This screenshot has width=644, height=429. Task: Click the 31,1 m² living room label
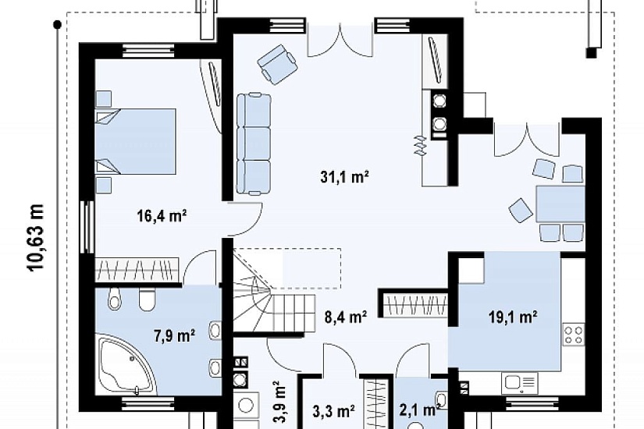(344, 177)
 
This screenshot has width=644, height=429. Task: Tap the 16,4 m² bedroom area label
(162, 215)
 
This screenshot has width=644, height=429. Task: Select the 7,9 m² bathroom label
(175, 336)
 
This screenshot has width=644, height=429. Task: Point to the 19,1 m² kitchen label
(513, 317)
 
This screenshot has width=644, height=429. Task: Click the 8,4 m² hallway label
(346, 317)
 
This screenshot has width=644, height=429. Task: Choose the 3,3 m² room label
(334, 410)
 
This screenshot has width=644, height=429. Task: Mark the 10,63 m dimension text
(36, 236)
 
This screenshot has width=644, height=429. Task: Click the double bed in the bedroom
(136, 140)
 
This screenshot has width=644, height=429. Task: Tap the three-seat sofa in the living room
(254, 144)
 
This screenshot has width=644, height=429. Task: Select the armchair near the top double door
(277, 64)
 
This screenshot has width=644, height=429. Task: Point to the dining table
(560, 204)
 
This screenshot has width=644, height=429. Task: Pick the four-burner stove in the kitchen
(574, 334)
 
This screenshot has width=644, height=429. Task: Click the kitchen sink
(519, 384)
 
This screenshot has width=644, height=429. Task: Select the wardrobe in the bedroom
(137, 270)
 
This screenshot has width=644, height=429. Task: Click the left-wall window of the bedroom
(87, 228)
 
